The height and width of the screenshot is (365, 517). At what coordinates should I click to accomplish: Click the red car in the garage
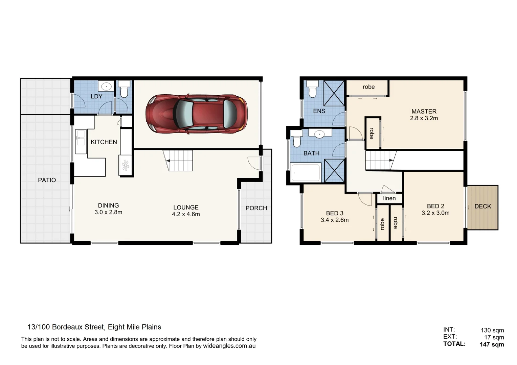tap(196, 113)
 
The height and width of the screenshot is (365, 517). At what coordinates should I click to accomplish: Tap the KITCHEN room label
tap(104, 142)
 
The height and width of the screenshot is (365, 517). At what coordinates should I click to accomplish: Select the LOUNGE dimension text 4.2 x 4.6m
tap(186, 214)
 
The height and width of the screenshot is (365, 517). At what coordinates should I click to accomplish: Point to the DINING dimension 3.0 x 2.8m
tap(108, 213)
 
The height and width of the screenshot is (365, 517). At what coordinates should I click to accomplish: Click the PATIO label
tap(47, 180)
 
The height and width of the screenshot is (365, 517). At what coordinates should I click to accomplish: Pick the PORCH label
tap(256, 208)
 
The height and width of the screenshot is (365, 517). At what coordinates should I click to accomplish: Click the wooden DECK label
tap(482, 206)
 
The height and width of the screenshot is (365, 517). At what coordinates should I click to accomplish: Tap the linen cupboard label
tap(389, 198)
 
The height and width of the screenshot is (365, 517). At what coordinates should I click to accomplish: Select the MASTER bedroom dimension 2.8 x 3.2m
tap(424, 118)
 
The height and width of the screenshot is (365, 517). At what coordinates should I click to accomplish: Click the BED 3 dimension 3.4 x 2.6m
tap(335, 220)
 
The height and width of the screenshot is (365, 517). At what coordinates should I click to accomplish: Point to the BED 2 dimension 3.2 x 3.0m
tap(435, 213)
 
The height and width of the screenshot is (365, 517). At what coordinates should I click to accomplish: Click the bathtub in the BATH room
tap(306, 172)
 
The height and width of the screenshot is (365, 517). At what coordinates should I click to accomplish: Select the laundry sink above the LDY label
tap(106, 87)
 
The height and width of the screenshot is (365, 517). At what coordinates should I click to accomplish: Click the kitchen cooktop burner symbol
tap(125, 165)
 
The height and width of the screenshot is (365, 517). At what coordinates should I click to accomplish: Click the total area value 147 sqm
tap(492, 344)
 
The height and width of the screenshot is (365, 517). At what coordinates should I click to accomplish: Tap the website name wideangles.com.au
tap(229, 346)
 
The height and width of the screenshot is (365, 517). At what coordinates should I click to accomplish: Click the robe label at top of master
tap(368, 87)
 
